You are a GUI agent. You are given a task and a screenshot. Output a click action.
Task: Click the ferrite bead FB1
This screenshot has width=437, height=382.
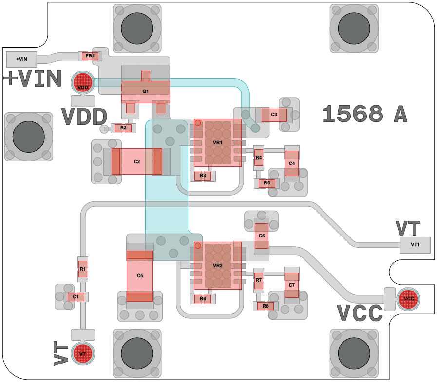pos(90,56)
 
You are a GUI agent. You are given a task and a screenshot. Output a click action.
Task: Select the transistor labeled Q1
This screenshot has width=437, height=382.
pos(145,91)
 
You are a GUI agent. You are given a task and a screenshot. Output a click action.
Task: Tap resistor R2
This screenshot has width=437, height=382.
pos(123,128)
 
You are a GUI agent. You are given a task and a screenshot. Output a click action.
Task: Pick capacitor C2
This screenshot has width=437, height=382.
pos(137,162)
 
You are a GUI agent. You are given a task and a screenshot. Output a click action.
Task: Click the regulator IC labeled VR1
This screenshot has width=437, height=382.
pos(217,143)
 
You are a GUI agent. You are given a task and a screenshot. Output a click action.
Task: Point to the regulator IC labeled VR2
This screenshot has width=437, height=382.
pos(217,266)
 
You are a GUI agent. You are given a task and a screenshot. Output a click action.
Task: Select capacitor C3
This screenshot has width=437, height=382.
pos(274,115)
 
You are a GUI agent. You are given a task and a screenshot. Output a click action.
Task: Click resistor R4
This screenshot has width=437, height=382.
pos(259,158)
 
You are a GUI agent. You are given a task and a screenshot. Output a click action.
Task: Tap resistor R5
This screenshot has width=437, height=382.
pos(266,183)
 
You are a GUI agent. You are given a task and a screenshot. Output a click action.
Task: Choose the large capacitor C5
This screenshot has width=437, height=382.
pos(140,276)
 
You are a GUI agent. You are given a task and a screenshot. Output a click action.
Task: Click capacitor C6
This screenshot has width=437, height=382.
pos(262,236)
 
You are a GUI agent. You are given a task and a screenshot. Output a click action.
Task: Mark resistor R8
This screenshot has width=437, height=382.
pos(266,306)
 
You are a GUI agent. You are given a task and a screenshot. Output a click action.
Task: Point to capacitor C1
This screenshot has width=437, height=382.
pos(76,297)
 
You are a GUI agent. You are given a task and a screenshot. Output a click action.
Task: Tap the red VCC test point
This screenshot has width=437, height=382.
pos(408,299)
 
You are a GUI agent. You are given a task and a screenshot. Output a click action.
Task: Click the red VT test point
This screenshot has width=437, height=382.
pos(82,354)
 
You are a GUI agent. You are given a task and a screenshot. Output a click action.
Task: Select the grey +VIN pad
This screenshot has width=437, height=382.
pos(21,59)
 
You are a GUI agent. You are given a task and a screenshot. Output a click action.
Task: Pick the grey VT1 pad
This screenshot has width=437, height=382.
pos(415,245)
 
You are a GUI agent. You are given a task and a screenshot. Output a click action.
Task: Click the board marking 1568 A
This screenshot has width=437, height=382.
pos(364,114)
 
